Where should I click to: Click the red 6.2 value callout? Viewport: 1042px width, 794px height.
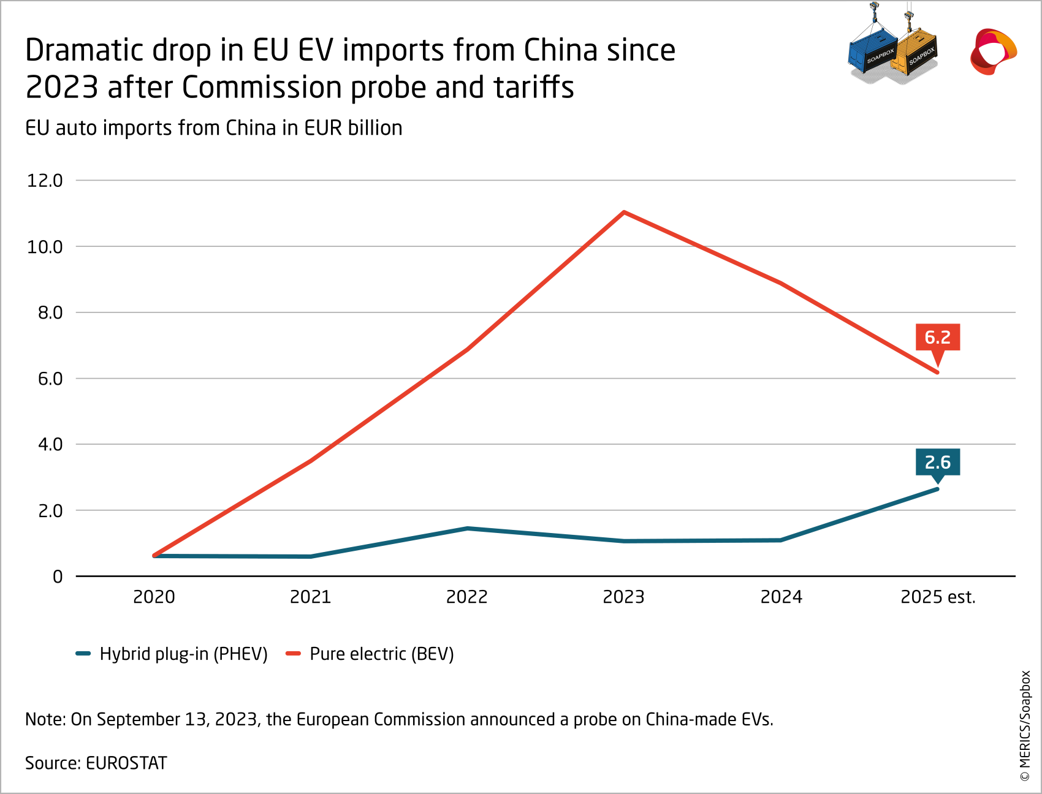(x=937, y=338)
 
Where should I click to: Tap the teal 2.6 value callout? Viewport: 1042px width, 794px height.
(x=937, y=463)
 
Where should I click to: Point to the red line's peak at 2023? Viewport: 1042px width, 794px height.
(x=623, y=212)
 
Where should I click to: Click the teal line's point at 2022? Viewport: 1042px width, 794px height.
(x=467, y=528)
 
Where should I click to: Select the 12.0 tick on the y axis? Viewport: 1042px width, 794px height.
(x=45, y=181)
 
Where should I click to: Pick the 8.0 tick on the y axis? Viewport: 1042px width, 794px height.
(x=50, y=313)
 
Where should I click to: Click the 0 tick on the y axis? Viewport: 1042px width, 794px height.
(x=58, y=577)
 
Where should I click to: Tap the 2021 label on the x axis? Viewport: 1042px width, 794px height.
(x=310, y=597)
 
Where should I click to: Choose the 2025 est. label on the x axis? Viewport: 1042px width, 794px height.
(x=937, y=597)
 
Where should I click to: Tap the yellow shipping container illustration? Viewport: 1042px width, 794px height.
(x=915, y=55)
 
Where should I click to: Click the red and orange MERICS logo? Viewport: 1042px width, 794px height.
(x=992, y=51)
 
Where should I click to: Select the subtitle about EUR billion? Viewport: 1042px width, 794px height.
(x=213, y=128)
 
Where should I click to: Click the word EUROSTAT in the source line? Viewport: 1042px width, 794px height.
(x=126, y=763)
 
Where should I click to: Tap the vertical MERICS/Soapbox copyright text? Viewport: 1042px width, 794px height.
(x=1025, y=726)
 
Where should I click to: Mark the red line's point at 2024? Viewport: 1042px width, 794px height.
(x=780, y=282)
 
